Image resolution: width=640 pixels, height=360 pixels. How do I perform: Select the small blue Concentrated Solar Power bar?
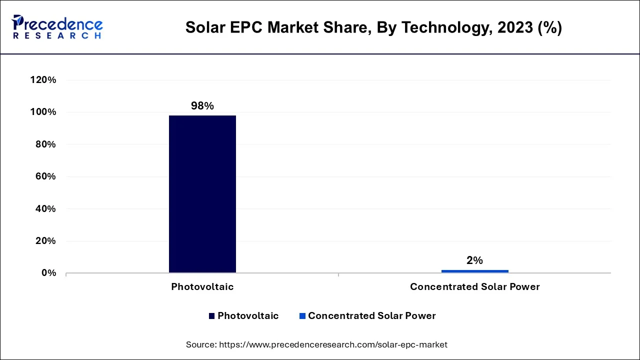[x=474, y=271]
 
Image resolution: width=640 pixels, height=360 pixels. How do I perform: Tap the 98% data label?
[x=202, y=106]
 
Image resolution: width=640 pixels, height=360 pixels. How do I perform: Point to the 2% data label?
[x=474, y=260]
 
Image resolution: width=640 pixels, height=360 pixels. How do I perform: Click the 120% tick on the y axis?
[x=43, y=80]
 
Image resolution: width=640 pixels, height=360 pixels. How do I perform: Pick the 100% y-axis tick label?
[x=43, y=112]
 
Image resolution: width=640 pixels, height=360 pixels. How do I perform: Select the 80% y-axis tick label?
[x=45, y=144]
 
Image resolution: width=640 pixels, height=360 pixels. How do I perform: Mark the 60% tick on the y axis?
[x=45, y=176]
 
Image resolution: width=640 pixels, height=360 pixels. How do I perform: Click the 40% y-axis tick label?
[x=45, y=208]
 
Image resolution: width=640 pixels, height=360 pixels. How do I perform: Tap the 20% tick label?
[x=45, y=241]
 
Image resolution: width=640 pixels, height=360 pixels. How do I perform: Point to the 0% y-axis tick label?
[x=48, y=273]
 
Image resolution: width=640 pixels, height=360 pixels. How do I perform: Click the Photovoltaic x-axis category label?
[x=202, y=287]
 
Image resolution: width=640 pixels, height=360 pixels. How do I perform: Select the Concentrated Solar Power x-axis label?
[x=474, y=287]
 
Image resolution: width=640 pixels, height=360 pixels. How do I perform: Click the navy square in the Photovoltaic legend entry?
[x=212, y=316]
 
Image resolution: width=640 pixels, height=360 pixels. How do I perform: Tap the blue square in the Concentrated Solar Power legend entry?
[x=302, y=316]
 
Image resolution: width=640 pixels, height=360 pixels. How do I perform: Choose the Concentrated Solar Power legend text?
[x=371, y=316]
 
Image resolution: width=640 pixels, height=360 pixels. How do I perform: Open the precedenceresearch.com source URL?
[x=333, y=344]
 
